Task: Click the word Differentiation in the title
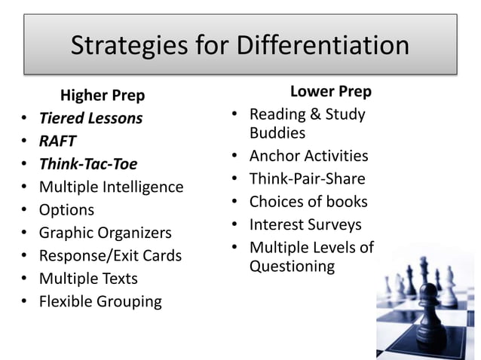pos(323,46)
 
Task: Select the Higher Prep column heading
pos(103,96)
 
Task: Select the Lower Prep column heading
pos(331,92)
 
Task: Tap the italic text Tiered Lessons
pos(90,118)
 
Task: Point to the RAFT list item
pos(57,141)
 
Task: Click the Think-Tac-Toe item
pos(88,163)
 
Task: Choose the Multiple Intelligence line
pos(111,187)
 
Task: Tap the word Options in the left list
pos(66,209)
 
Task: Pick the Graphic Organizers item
pos(105,233)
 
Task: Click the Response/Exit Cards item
pos(110,255)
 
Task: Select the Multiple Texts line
pos(88,279)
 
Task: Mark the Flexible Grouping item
pos(100,301)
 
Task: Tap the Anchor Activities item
pos(308,156)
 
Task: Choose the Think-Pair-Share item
pos(307,178)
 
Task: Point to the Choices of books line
pos(308,202)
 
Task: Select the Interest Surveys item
pos(305,224)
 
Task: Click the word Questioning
pos(292,266)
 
